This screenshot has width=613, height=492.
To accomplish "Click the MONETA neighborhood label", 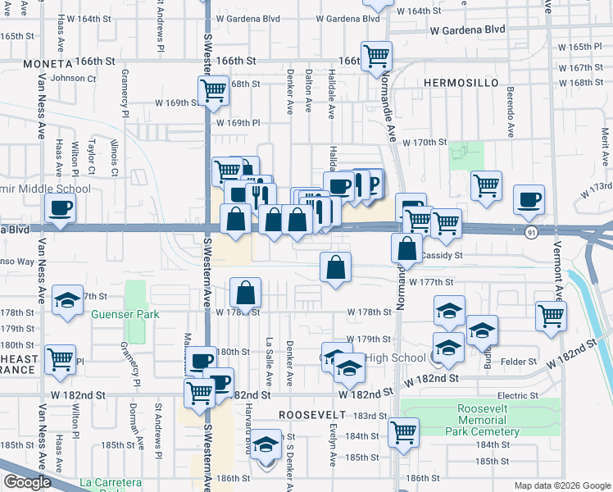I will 48,63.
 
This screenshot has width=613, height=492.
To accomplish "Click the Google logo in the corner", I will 26,482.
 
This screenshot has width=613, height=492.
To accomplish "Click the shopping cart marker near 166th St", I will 377,56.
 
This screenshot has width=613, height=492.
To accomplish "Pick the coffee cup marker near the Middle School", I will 60,210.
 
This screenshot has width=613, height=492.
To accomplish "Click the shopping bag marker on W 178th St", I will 246,293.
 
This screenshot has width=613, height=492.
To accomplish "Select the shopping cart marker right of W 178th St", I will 551,315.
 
